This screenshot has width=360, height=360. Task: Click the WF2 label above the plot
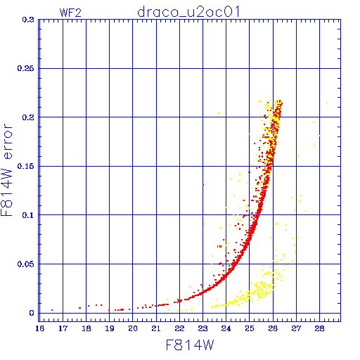[x=70, y=13]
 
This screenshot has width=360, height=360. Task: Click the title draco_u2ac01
[x=188, y=12]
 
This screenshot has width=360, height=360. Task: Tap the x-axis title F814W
[x=190, y=345]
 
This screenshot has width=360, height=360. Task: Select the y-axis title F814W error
[x=7, y=170]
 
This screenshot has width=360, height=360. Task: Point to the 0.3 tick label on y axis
[x=28, y=20]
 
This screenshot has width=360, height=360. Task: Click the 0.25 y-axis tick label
[x=25, y=68]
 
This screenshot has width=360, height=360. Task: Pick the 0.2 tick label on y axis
[x=28, y=117]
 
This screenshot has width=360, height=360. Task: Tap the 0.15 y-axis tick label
[x=25, y=166]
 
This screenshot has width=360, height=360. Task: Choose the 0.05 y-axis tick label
[x=25, y=264]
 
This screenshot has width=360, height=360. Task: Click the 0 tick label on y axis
[x=32, y=313]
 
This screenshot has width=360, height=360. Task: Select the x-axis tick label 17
[x=63, y=328]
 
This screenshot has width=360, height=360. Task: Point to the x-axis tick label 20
[x=133, y=328]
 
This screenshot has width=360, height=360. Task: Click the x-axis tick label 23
[x=202, y=328]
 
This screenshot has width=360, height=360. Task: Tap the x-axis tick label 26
[x=273, y=328]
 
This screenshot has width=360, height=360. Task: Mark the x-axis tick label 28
[x=319, y=328]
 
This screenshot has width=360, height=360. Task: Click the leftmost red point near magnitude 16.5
[x=52, y=310]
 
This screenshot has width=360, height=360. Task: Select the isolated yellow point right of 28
[x=327, y=103]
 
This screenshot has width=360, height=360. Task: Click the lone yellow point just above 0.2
[x=219, y=113]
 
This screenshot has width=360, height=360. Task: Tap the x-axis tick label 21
[x=156, y=328]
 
